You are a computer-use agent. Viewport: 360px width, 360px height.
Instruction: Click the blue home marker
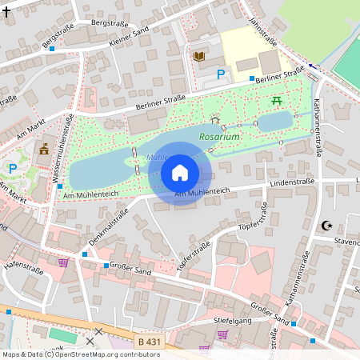pyautogui.click(x=180, y=173)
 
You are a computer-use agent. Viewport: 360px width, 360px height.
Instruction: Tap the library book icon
pyautogui.click(x=198, y=56)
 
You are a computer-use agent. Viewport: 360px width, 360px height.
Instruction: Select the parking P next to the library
pyautogui.click(x=221, y=74)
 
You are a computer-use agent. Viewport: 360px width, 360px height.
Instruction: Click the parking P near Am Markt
pyautogui.click(x=12, y=167)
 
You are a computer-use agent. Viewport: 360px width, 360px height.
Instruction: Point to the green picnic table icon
pyautogui.click(x=276, y=101)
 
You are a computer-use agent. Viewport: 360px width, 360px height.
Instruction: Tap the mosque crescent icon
pyautogui.click(x=326, y=226)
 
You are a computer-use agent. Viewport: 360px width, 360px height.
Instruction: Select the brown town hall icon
pyautogui.click(x=43, y=149)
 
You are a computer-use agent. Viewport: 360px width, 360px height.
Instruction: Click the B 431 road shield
pyautogui.click(x=148, y=342)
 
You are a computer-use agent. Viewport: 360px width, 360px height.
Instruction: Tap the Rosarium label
pyautogui.click(x=219, y=137)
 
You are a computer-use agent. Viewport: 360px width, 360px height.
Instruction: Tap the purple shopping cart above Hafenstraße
pyautogui.click(x=63, y=262)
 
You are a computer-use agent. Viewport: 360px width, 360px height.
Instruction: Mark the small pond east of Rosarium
pyautogui.click(x=274, y=122)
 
